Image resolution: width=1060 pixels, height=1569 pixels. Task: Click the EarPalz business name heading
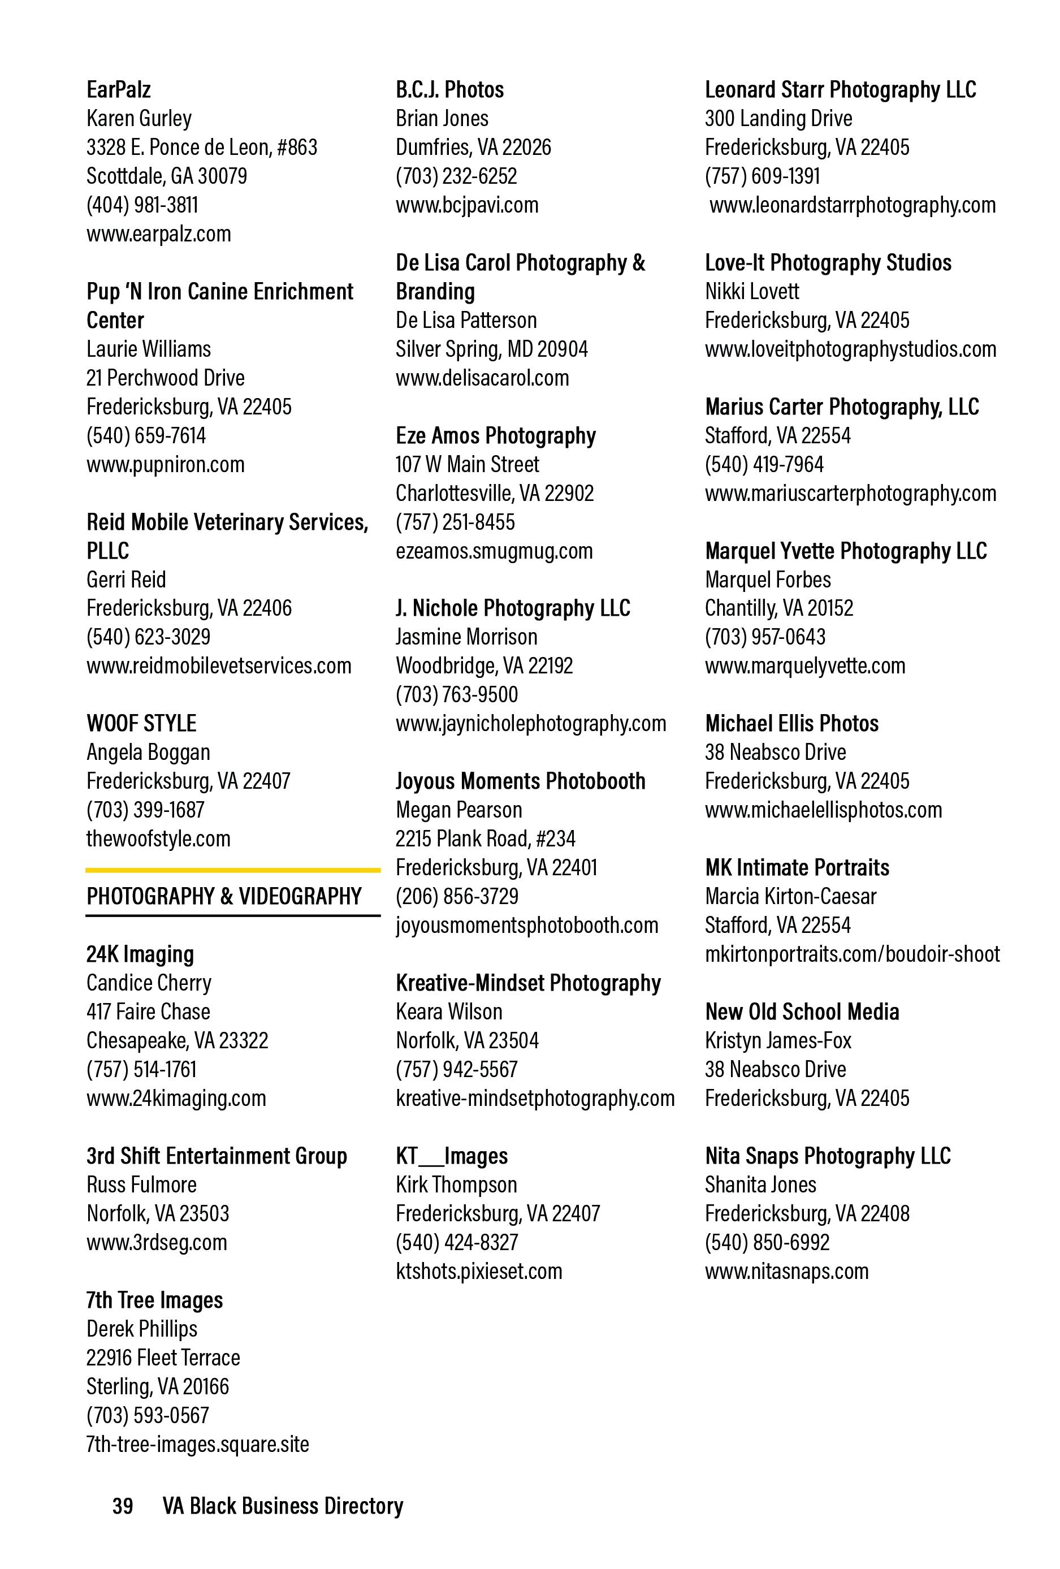[118, 90]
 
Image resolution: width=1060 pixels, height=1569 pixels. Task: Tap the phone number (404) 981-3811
[142, 205]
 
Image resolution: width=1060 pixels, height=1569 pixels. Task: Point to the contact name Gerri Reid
[126, 580]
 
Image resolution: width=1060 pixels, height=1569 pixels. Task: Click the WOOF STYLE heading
[141, 724]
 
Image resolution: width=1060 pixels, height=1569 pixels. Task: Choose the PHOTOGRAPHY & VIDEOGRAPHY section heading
[223, 897]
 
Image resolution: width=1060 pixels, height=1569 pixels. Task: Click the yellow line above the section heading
[232, 870]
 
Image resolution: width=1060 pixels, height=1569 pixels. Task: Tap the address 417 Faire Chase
[148, 1012]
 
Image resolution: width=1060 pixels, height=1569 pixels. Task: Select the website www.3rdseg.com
[157, 1242]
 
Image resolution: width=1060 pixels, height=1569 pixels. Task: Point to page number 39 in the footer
[122, 1506]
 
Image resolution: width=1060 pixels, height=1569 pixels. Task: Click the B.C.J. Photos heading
[449, 90]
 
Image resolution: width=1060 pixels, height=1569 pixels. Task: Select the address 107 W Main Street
[467, 465]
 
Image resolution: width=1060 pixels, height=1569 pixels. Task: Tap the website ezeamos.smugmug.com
[494, 551]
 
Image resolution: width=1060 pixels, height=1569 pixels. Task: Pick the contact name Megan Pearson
[458, 810]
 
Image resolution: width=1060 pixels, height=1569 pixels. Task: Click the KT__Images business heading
[451, 1156]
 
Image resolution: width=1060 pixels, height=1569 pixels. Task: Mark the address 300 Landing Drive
[778, 119]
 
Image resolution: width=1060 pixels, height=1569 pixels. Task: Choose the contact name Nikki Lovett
[751, 292]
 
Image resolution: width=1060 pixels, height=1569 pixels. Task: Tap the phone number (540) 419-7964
[764, 465]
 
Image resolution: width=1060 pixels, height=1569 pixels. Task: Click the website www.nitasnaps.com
[786, 1271]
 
